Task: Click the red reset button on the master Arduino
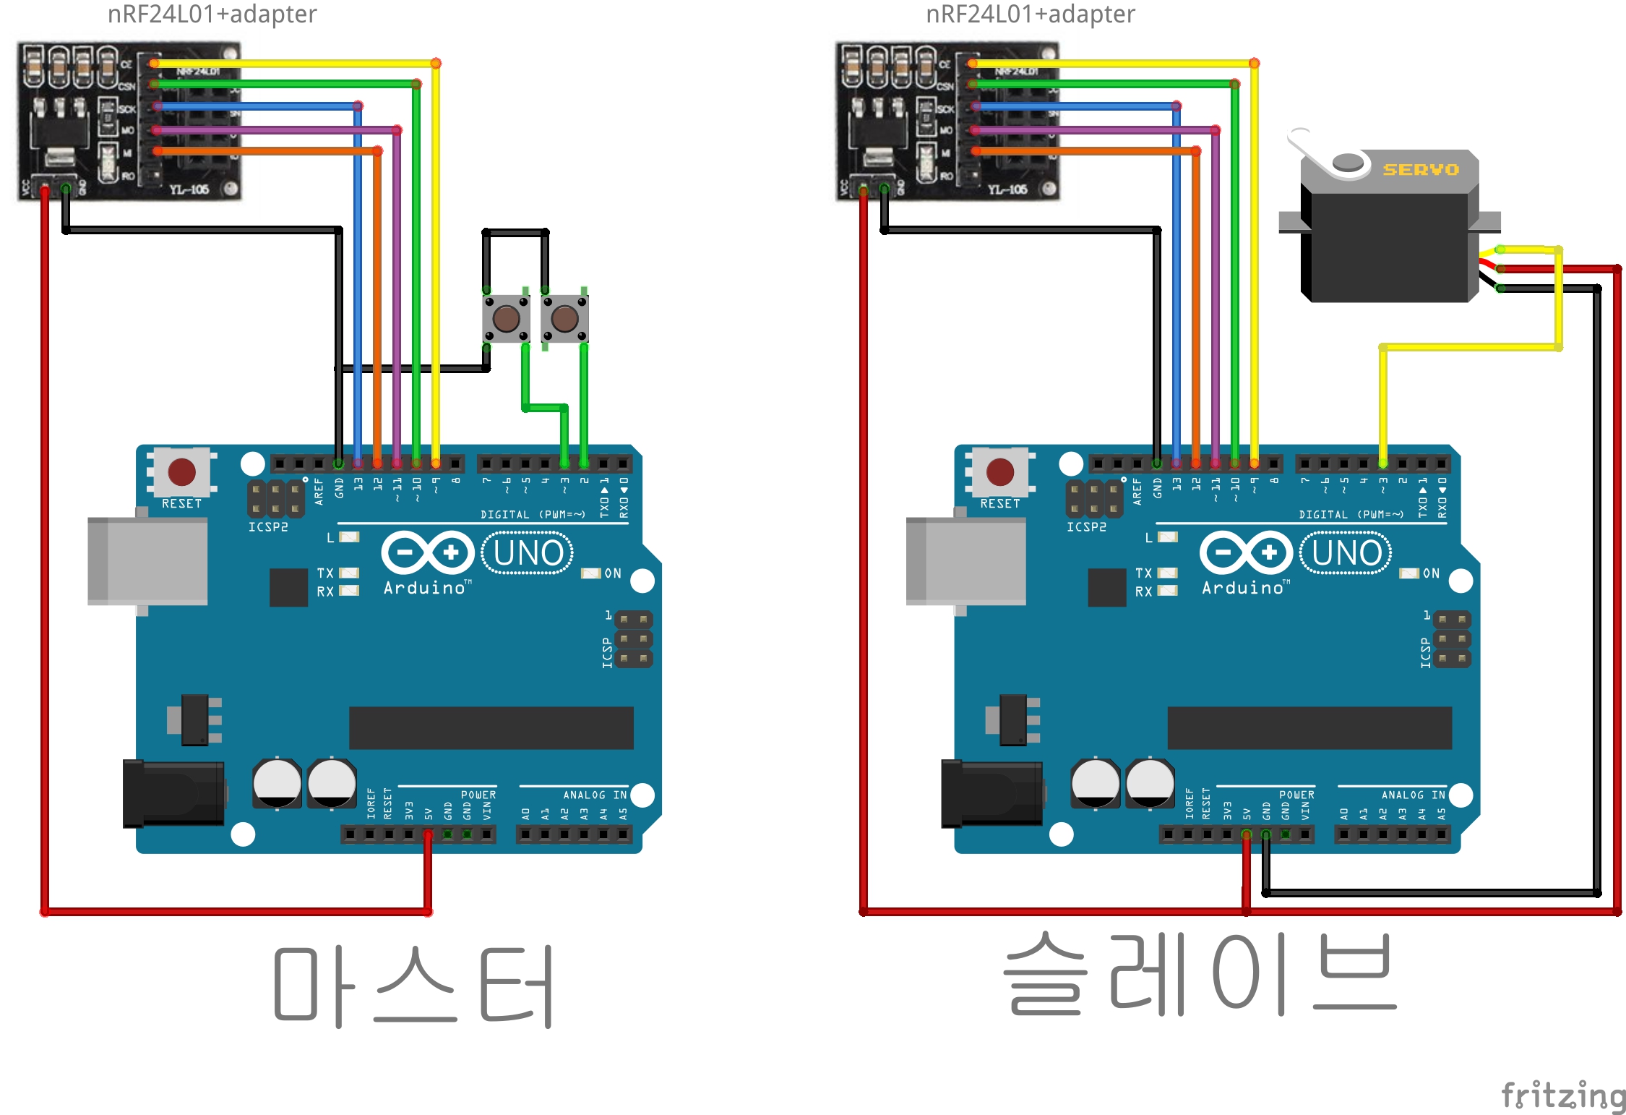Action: pos(181,472)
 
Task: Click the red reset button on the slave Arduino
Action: pos(1000,472)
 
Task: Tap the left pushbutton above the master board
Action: pos(506,318)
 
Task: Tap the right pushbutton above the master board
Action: pos(564,318)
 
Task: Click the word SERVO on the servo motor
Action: pos(1420,170)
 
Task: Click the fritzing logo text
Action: pos(1562,1095)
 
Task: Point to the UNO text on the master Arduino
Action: pos(528,554)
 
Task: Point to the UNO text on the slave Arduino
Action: pos(1346,554)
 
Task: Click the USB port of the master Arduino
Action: pos(147,561)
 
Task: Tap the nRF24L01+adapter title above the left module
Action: pos(212,14)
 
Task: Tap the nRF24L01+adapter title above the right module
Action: pos(1031,14)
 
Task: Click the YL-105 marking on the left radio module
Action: pos(189,189)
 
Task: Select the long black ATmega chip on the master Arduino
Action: pos(491,727)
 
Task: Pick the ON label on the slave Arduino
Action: pos(1431,573)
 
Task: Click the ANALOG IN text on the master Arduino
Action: pos(595,795)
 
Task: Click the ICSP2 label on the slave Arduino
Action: pos(1086,527)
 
